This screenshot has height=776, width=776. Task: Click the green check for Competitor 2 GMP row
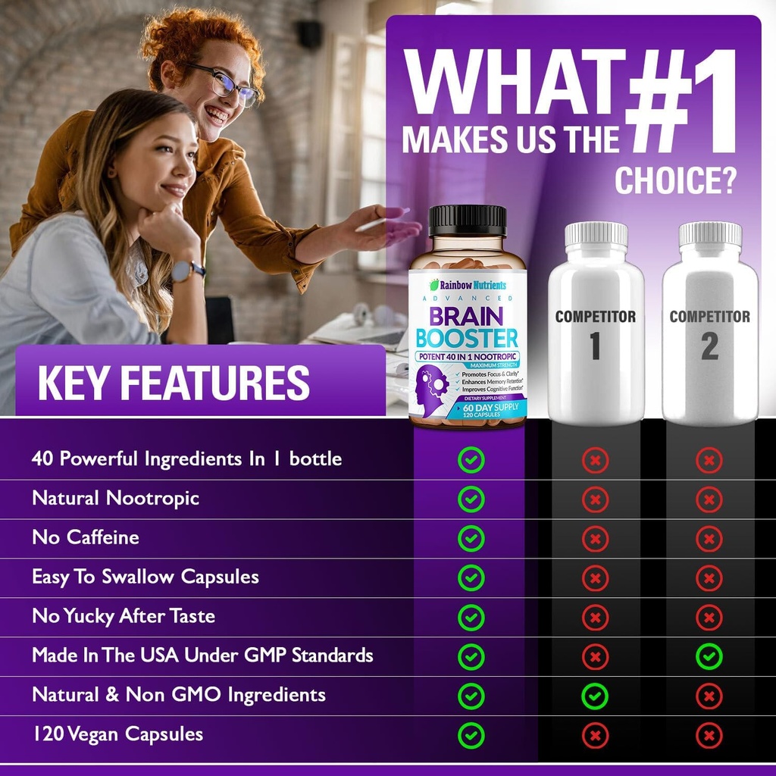pos(709,656)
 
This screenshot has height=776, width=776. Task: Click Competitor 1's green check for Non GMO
pos(595,695)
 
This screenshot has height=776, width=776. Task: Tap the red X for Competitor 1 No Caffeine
pos(595,538)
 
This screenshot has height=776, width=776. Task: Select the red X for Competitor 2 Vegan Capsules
pos(709,734)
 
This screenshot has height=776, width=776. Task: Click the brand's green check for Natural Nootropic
pos(471,499)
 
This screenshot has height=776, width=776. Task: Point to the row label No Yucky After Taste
pos(124,616)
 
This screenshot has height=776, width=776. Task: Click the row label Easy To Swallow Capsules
pos(145,577)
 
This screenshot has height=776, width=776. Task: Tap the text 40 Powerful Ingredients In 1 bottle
pos(186,458)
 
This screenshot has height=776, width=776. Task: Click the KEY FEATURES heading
pos(174,383)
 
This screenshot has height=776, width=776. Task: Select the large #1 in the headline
pos(680,102)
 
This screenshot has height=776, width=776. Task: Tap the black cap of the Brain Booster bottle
pos(467,220)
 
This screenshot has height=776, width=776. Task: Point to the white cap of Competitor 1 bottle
pos(596,234)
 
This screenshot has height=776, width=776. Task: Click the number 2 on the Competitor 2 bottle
pos(709,346)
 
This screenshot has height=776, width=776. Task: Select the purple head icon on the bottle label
pos(432,385)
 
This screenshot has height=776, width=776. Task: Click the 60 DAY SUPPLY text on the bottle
pos(476,408)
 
